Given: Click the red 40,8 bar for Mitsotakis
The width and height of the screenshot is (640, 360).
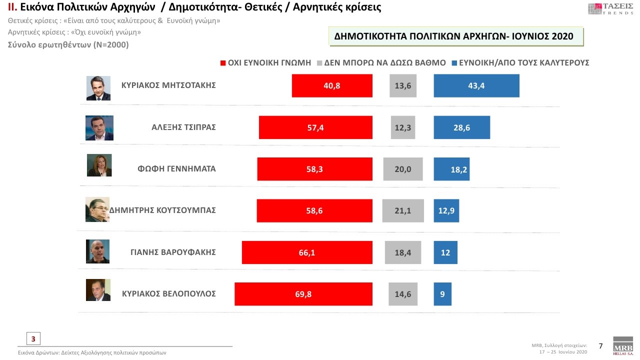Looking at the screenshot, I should [x=332, y=85].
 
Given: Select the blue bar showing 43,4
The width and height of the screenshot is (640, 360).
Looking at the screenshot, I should [x=476, y=85].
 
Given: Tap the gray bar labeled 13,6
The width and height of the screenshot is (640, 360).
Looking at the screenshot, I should [x=403, y=85].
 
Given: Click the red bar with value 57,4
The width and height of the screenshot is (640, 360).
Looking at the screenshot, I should [x=315, y=127].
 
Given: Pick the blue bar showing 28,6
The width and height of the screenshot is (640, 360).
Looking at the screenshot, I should [x=461, y=127].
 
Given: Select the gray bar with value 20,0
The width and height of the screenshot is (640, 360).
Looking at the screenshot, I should [x=403, y=169].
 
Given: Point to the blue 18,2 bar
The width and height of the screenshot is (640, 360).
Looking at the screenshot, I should [x=451, y=169].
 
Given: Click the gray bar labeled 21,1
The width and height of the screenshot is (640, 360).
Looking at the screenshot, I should [x=403, y=210].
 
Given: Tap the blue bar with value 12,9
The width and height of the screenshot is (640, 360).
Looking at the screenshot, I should [x=446, y=210].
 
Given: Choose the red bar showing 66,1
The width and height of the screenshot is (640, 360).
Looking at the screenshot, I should [x=307, y=252].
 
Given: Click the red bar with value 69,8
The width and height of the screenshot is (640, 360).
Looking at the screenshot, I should [x=303, y=294].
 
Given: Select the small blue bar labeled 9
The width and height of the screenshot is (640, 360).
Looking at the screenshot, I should [x=442, y=294].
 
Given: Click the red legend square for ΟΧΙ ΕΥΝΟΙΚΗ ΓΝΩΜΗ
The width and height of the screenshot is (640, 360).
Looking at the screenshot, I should [x=223, y=63].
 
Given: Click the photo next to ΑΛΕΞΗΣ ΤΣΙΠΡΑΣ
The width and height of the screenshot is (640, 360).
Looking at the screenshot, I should [x=99, y=128].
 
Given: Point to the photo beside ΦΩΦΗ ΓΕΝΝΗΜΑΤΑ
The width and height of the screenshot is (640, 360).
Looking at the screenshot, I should [x=99, y=165].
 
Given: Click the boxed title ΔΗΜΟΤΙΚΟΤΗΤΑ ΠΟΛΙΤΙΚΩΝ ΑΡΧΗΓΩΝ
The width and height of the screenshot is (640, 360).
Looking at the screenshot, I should [x=455, y=36].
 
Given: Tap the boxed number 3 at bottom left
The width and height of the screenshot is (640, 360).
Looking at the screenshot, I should [x=33, y=338].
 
